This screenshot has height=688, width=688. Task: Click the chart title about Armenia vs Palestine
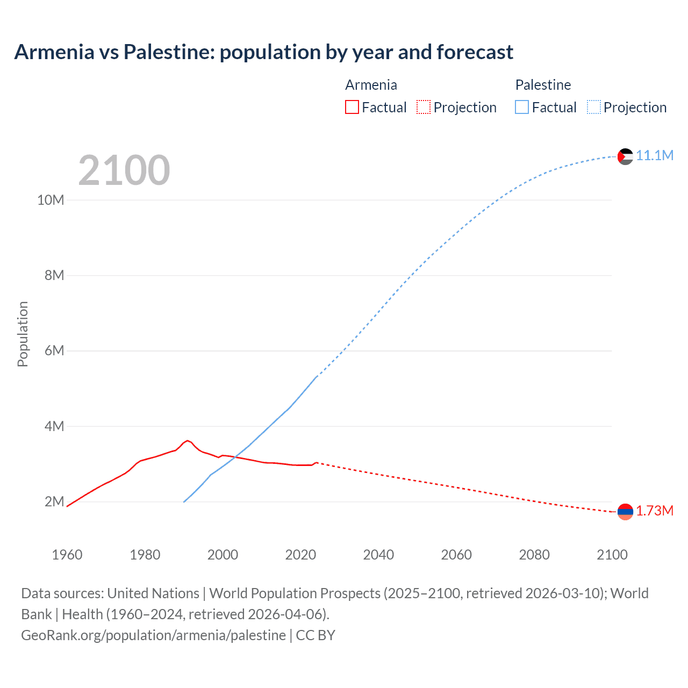(x=263, y=52)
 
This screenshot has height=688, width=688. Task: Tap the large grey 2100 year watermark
(x=124, y=170)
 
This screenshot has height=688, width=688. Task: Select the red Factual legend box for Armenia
(x=352, y=107)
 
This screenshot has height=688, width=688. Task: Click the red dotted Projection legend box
(x=424, y=107)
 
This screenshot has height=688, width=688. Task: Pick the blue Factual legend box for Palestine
(x=521, y=107)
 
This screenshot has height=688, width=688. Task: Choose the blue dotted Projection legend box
(x=593, y=107)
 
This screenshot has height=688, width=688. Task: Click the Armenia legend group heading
(x=371, y=85)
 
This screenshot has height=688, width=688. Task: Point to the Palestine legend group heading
(x=543, y=85)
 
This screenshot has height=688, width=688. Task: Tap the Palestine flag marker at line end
(x=625, y=156)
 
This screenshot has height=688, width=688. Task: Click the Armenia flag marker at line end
(x=625, y=512)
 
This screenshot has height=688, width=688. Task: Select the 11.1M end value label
(x=655, y=156)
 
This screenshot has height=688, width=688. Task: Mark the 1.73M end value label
(x=655, y=511)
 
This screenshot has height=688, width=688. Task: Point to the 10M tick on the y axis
(x=51, y=200)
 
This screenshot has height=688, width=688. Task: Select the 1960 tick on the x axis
(x=67, y=555)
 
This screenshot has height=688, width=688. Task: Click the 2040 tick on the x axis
(x=378, y=555)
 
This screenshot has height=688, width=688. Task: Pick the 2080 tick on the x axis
(x=534, y=555)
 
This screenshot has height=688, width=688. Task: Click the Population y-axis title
(x=23, y=334)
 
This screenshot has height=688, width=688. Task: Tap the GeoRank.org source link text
(x=153, y=635)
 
